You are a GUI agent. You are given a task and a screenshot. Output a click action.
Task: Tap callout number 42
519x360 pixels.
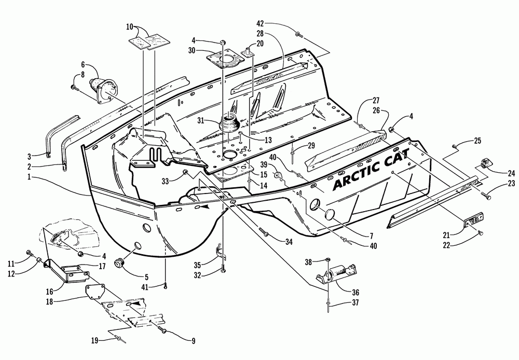pyautogui.click(x=261, y=23)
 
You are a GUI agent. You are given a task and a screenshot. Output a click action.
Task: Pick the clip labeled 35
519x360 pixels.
pyautogui.click(x=220, y=253)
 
